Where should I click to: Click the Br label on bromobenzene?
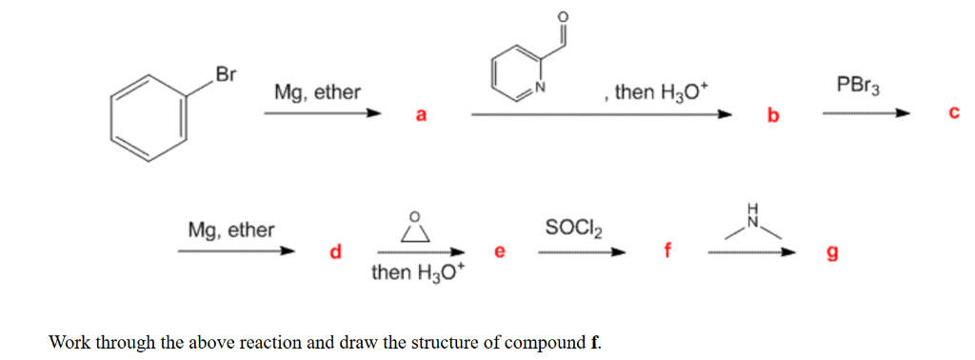225,74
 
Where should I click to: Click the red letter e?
499,252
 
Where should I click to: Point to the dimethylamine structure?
748,225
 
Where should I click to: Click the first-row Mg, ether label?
317,92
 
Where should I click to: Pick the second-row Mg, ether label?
231,230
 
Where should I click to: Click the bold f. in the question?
595,341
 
